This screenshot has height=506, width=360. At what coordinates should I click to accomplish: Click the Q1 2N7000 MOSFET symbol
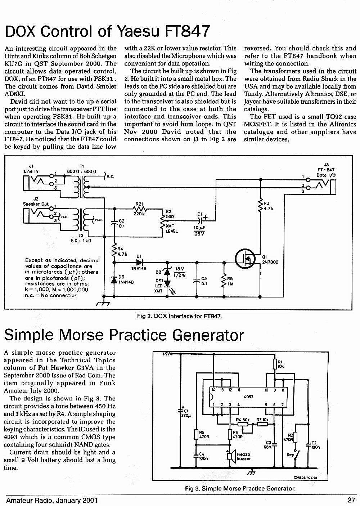245,259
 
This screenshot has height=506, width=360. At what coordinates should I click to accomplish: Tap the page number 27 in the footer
351,500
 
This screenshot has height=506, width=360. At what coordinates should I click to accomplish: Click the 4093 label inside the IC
248,397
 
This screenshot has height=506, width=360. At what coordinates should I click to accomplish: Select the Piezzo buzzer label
243,456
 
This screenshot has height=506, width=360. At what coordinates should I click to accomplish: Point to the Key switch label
290,454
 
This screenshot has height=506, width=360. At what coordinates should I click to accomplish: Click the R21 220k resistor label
139,209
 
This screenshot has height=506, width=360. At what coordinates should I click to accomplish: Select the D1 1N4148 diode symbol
139,262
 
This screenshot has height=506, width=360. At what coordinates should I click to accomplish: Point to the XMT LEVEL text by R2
172,229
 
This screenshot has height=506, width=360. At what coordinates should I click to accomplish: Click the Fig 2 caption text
180,316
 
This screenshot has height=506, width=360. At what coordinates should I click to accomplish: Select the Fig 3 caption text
240,488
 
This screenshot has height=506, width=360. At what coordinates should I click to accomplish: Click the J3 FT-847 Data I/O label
326,170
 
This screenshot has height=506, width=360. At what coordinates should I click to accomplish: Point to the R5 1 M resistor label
230,281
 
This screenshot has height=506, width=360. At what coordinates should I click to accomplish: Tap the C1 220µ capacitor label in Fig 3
186,413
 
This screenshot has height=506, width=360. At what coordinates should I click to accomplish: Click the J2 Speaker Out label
36,201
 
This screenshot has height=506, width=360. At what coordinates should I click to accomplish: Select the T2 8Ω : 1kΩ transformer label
81,238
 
